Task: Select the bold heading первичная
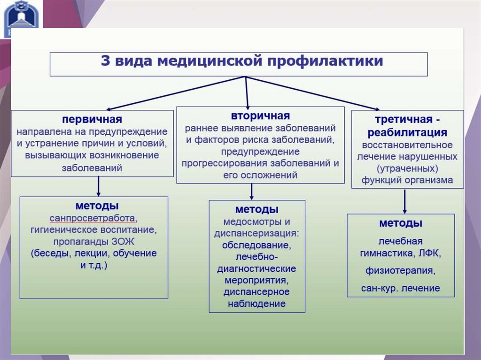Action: pyautogui.click(x=92, y=119)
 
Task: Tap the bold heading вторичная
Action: pyautogui.click(x=260, y=115)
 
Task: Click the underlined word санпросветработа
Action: pyautogui.click(x=93, y=218)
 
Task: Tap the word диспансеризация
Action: pyautogui.click(x=257, y=233)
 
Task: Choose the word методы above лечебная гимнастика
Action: pyautogui.click(x=401, y=223)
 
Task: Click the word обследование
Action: pyautogui.click(x=257, y=245)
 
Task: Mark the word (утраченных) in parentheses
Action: pyautogui.click(x=407, y=168)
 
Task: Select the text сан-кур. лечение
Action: pyautogui.click(x=401, y=288)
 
